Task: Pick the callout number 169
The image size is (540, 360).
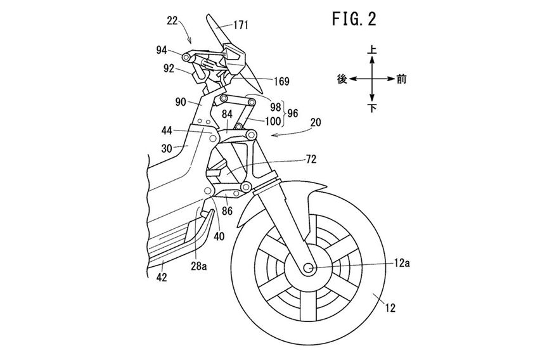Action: [x=282, y=81]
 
